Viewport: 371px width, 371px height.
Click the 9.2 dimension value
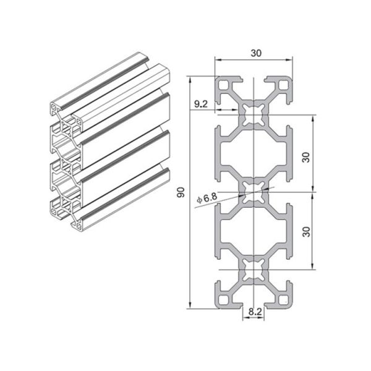[x=200, y=104]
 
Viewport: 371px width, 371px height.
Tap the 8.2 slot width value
[x=254, y=313]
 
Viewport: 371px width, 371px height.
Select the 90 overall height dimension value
[x=181, y=193]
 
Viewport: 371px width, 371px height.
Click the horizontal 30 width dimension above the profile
[x=254, y=54]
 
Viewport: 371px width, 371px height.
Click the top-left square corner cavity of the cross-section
[x=223, y=85]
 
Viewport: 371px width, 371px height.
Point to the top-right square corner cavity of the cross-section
[x=284, y=85]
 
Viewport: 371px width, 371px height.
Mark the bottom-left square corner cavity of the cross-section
[x=223, y=301]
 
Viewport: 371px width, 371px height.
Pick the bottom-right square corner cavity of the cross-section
[x=284, y=301]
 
